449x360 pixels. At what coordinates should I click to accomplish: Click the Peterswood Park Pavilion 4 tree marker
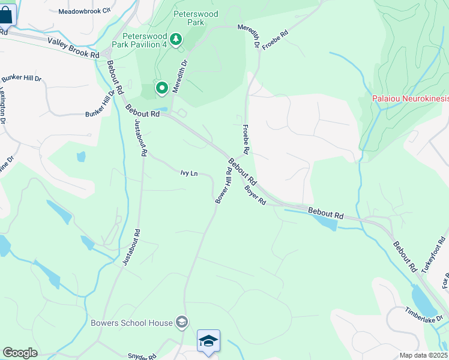175,40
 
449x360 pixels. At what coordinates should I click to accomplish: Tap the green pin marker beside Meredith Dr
162,89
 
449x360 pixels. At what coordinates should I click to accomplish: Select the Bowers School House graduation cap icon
181,323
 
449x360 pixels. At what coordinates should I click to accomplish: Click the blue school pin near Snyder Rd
208,341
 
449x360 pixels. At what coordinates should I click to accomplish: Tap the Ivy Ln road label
188,173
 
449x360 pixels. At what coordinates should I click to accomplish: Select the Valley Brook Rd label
73,47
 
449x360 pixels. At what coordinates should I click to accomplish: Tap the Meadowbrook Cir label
85,11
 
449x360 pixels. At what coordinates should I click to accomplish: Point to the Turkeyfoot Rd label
433,254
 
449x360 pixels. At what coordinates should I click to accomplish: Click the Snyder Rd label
142,356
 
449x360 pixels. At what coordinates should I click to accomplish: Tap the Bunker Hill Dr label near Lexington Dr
21,79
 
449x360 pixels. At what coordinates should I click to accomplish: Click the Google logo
20,352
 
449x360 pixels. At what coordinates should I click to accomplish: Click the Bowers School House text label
131,323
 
